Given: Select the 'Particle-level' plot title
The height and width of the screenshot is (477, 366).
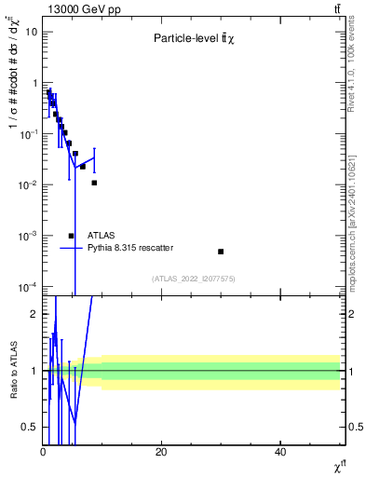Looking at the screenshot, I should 194,38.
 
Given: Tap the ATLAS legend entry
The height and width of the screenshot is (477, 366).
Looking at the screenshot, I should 102,236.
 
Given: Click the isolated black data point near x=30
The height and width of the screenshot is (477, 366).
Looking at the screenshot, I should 221,252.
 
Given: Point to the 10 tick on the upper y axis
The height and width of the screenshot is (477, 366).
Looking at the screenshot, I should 32,32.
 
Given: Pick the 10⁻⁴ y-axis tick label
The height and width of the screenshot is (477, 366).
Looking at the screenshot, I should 30,286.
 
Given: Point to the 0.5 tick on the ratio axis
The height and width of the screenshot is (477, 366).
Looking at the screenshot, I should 31,427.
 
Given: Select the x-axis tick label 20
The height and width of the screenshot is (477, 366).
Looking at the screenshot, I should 161,453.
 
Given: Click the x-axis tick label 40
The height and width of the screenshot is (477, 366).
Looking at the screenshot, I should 280,453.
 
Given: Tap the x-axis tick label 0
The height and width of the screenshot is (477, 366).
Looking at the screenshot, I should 43,453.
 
